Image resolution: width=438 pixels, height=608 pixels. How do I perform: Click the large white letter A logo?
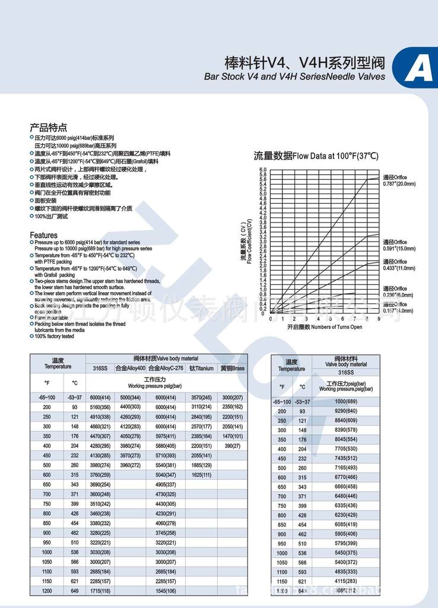click(x=418, y=70)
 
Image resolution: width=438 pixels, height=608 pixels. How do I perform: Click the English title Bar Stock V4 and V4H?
click(x=294, y=77)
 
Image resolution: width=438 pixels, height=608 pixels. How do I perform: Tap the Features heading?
click(x=44, y=235)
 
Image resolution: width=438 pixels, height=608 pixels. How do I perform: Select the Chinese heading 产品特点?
click(x=49, y=128)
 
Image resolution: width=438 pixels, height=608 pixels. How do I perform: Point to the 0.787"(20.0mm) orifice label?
click(x=399, y=180)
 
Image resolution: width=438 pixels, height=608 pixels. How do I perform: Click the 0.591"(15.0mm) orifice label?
click(x=399, y=245)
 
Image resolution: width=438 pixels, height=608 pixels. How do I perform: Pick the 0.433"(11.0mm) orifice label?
click(x=399, y=265)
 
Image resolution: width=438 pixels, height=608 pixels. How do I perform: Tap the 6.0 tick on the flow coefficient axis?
click(x=263, y=170)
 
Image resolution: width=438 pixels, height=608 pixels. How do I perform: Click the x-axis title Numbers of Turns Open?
click(x=324, y=327)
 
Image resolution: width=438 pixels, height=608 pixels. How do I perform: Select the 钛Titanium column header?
click(x=201, y=369)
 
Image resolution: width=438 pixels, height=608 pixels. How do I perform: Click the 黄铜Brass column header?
click(x=232, y=369)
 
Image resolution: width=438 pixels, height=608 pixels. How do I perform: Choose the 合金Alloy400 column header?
click(x=130, y=369)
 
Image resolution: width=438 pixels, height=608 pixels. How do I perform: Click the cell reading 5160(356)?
click(x=100, y=407)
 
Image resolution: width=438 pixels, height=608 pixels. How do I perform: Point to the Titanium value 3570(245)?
click(x=201, y=397)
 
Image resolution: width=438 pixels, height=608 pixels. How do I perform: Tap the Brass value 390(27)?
click(x=232, y=445)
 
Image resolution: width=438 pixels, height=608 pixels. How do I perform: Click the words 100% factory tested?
click(x=54, y=336)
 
